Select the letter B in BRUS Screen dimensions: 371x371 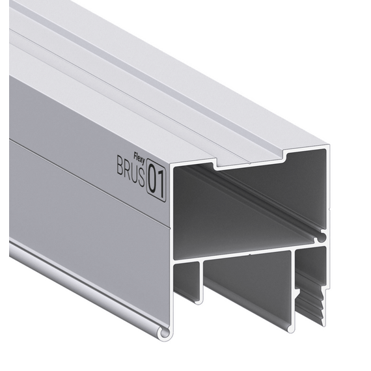coord(120,165)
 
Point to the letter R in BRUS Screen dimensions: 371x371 coord(128,169)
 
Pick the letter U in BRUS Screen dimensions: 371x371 coord(134,172)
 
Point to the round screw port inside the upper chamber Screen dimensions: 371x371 coord(321,238)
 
